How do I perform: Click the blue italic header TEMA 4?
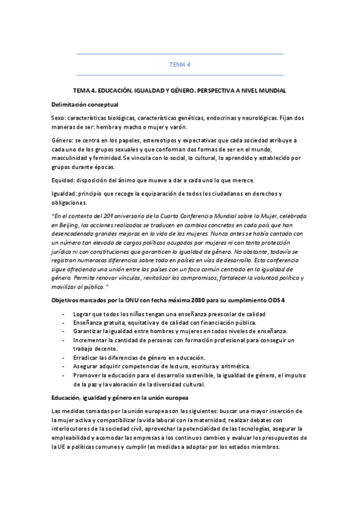(x=180, y=64)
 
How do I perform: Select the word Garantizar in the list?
(x=88, y=331)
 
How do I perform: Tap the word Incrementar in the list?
(x=91, y=340)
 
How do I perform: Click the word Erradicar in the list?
(x=87, y=358)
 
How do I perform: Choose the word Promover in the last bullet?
(x=88, y=375)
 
